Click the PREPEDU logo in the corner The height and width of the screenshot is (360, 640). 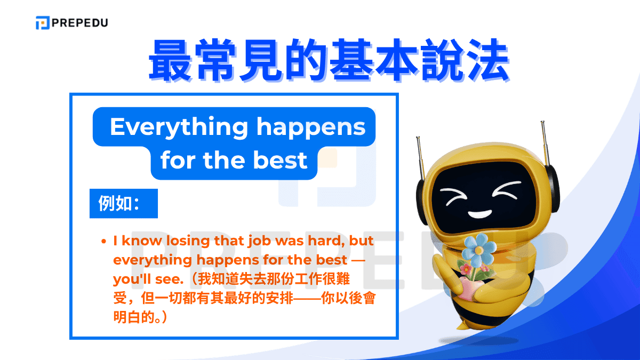coord(71,23)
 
